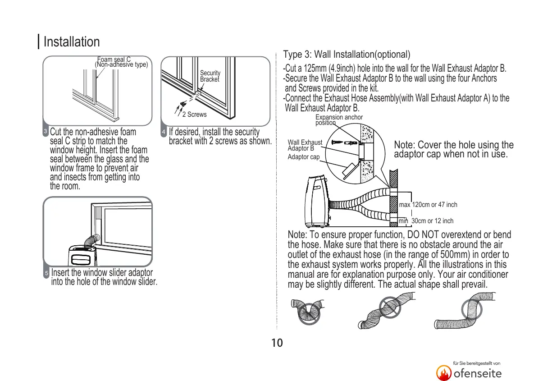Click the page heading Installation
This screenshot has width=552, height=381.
(x=72, y=42)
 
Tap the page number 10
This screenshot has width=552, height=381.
(x=277, y=343)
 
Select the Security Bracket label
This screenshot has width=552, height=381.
(x=210, y=76)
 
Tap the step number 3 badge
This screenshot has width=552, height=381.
(x=46, y=132)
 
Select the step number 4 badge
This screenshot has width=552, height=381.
(x=164, y=132)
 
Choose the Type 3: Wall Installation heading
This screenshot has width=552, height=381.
(x=347, y=55)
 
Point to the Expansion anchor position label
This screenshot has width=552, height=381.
(x=339, y=120)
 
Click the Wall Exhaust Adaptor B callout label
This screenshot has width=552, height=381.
(x=305, y=145)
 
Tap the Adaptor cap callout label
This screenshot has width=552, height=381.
(x=303, y=157)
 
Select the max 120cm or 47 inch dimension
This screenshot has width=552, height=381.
(x=428, y=205)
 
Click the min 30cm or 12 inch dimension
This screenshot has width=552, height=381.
(x=426, y=221)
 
